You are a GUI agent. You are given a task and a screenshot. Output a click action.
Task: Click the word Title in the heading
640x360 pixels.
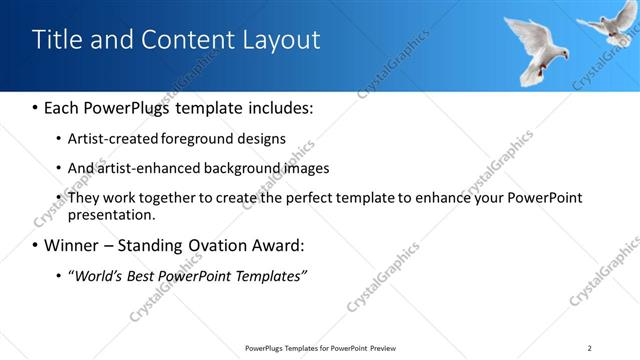tap(56, 40)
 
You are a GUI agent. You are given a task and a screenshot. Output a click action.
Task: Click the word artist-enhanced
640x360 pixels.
tap(138, 168)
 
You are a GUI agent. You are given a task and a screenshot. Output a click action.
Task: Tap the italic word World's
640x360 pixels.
tap(97, 275)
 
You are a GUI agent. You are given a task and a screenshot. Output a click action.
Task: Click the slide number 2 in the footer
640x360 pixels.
tap(590, 348)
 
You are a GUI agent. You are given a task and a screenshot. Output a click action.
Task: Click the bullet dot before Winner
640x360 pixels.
tap(36, 246)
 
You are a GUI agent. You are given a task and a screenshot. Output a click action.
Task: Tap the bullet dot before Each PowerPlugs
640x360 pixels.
tap(36, 107)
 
